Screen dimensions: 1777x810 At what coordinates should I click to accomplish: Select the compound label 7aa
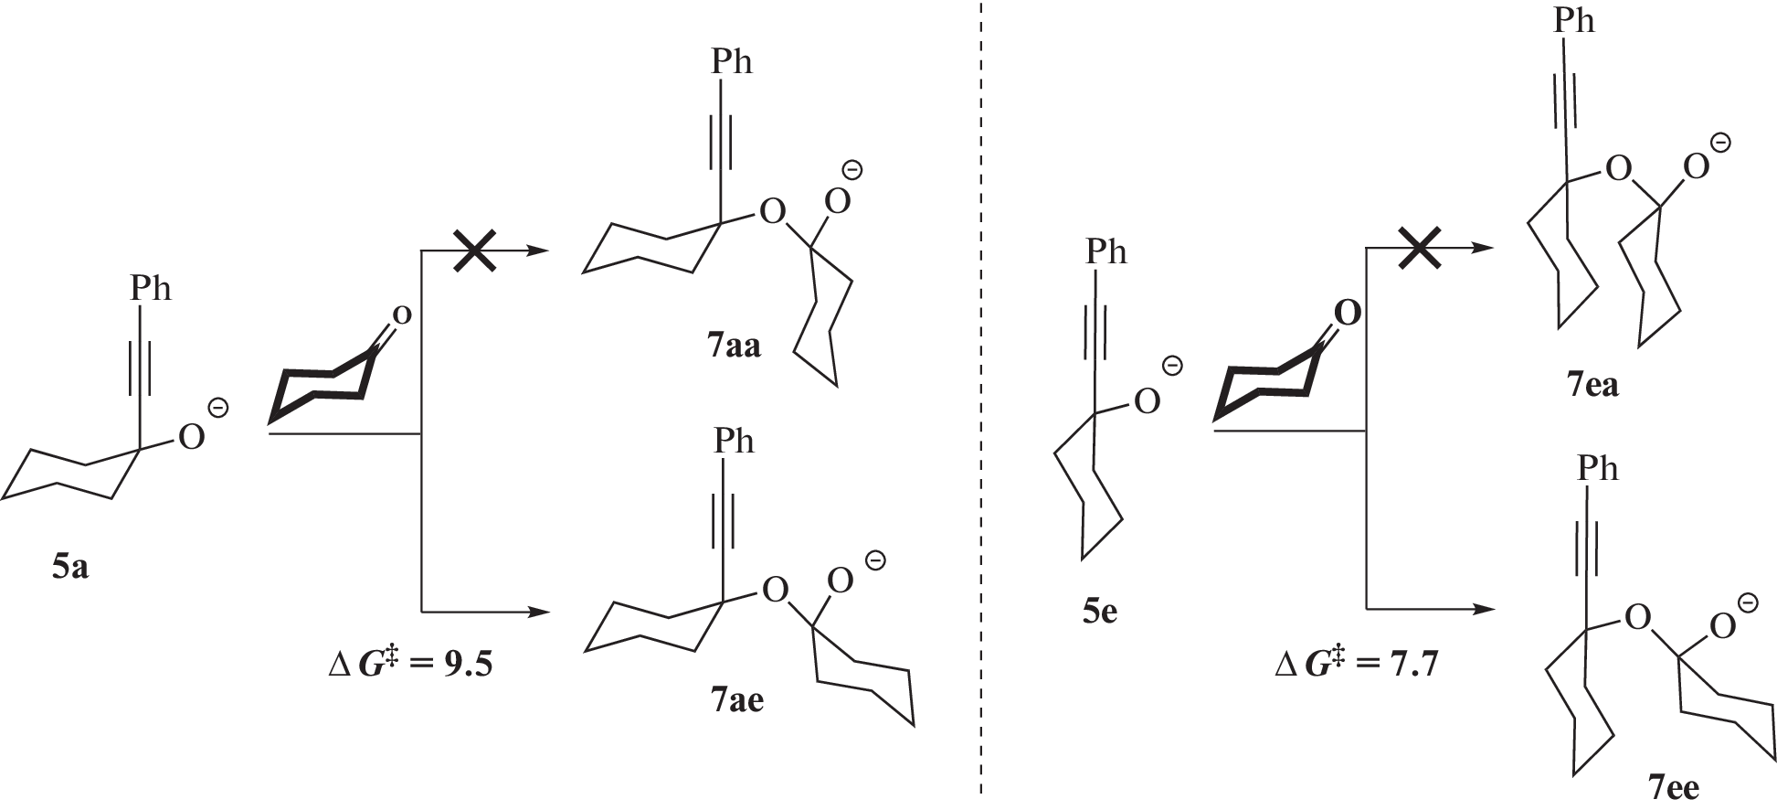point(734,348)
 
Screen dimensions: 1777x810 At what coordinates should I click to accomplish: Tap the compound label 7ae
point(736,700)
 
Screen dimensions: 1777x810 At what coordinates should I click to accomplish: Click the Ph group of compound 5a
point(151,289)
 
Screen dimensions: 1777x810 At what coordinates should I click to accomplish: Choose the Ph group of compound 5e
point(1106,252)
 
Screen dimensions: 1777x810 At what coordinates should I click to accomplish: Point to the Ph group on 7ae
point(734,442)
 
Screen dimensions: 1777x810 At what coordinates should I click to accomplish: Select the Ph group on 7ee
point(1597,469)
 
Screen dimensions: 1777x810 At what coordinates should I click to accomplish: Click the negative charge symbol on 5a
point(218,407)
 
